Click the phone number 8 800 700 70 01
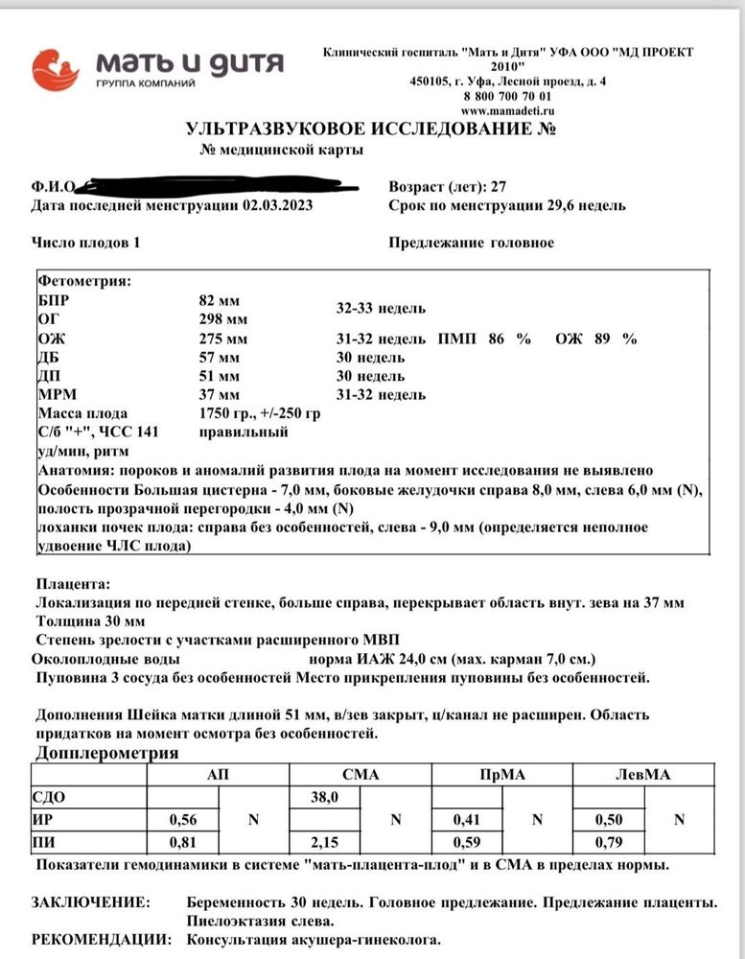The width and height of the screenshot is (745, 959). click(x=507, y=97)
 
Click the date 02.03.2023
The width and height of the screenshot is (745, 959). click(x=277, y=205)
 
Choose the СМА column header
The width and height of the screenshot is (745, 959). click(x=361, y=774)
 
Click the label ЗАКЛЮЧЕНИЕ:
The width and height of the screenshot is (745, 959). click(x=90, y=902)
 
